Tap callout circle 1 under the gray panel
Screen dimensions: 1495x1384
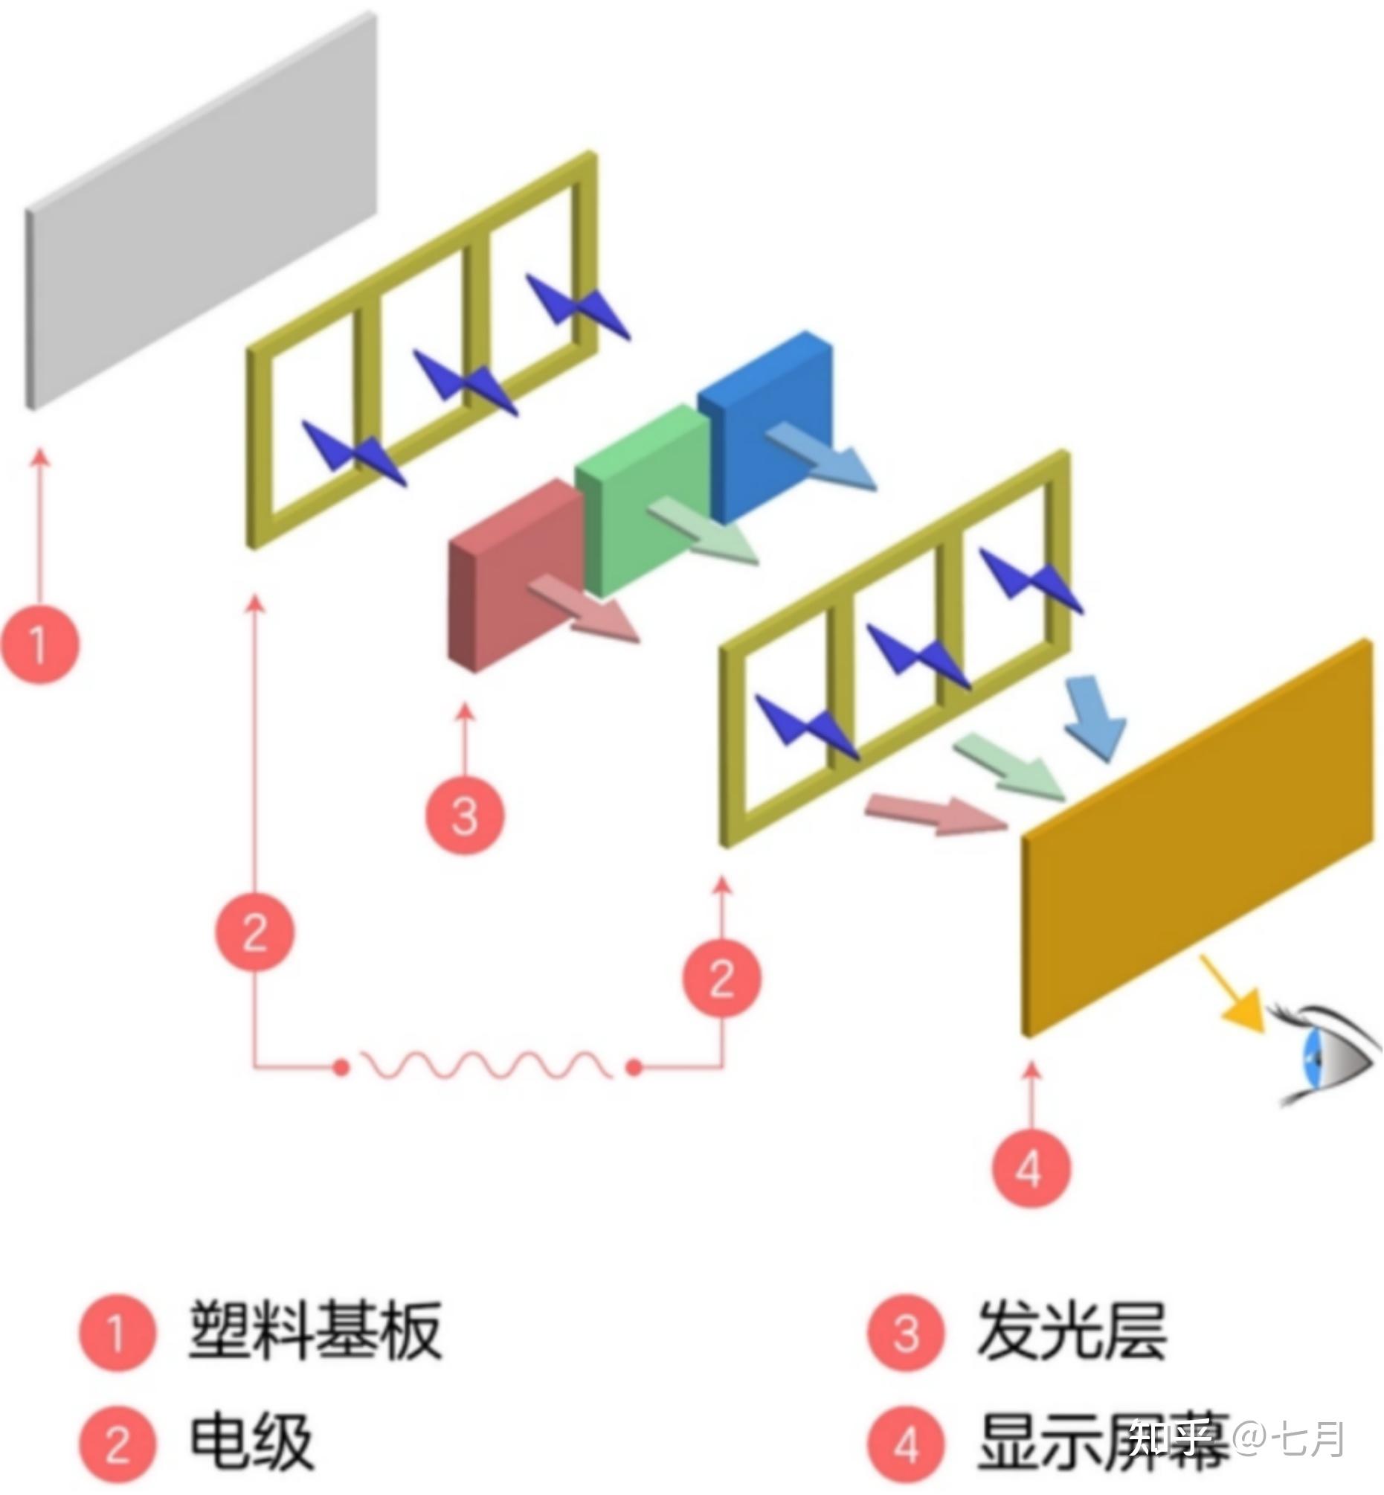point(39,644)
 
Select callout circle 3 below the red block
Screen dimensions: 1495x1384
point(465,816)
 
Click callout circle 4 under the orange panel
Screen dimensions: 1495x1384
point(1031,1168)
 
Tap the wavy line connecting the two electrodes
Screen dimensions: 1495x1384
point(487,1064)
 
